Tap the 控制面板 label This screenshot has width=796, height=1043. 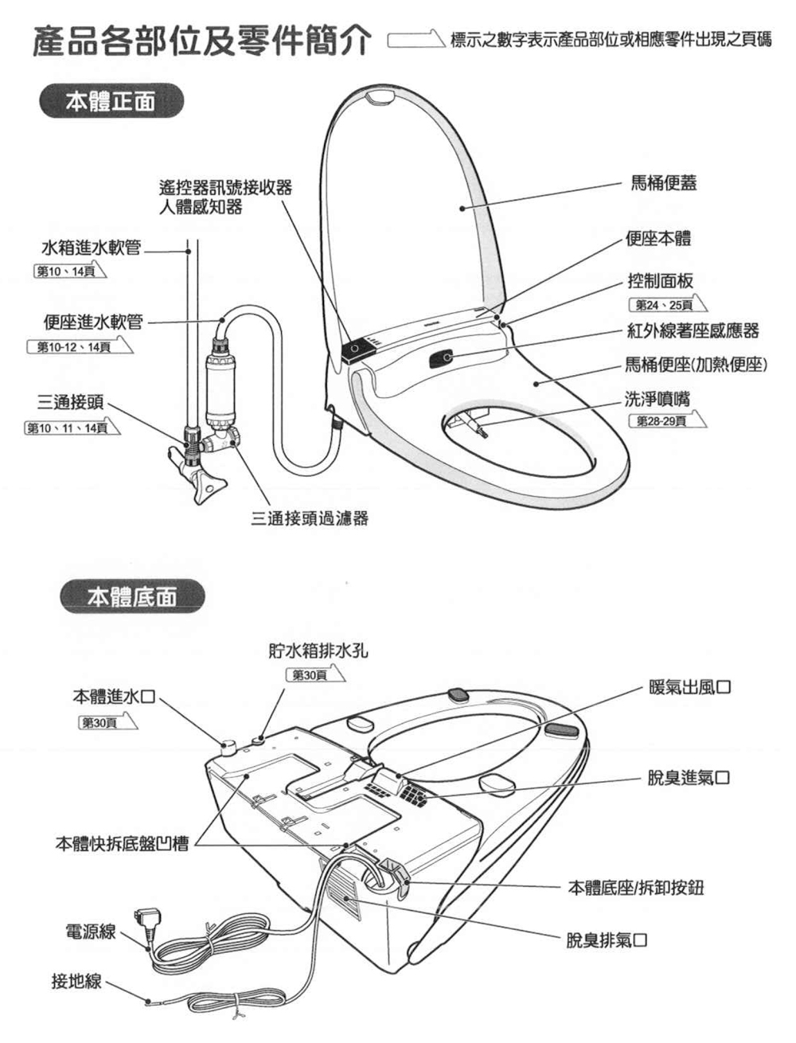(x=660, y=281)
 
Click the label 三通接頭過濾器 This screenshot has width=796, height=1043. (x=310, y=518)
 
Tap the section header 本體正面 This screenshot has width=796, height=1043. (x=111, y=103)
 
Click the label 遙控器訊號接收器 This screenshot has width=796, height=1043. (x=225, y=189)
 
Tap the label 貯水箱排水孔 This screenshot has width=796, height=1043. (x=318, y=651)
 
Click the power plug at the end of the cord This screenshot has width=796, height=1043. (x=147, y=923)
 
